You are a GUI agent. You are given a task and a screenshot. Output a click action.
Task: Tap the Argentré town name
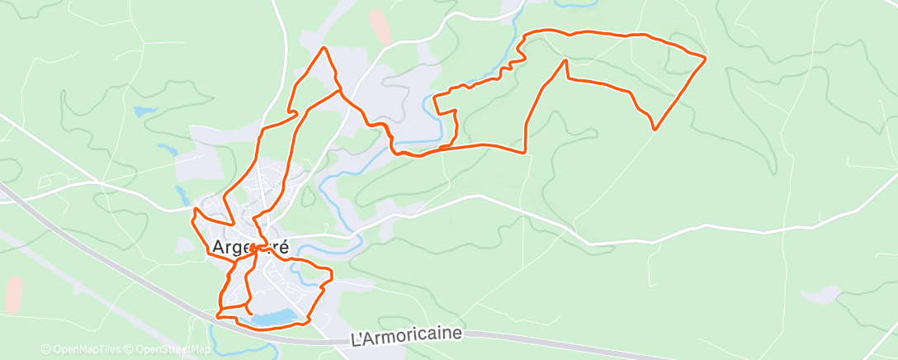(x=251, y=247)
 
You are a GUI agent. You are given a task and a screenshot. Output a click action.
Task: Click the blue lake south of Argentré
(x=274, y=317)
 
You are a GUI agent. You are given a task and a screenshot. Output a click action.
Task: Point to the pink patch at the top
(x=380, y=26)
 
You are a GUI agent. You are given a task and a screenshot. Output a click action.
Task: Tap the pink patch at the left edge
(x=13, y=294)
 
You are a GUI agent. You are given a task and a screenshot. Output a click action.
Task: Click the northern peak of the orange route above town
(x=324, y=48)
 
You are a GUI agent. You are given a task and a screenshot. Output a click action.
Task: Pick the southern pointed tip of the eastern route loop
(x=655, y=129)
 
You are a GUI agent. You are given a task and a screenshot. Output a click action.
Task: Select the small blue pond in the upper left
(x=144, y=111)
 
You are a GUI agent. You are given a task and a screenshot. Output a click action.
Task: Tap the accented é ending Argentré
(x=284, y=246)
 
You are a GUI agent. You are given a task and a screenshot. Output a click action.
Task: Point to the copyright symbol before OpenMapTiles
(x=45, y=350)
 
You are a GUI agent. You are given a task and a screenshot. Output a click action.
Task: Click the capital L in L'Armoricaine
(x=356, y=339)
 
